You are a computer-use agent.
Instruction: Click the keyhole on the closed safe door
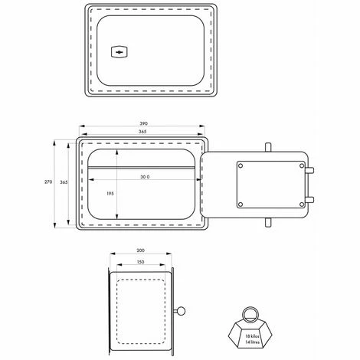click(x=119, y=52)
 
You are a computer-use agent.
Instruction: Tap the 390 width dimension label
click(x=143, y=123)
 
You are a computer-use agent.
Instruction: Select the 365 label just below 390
click(x=142, y=132)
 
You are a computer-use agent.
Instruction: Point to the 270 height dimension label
click(x=48, y=182)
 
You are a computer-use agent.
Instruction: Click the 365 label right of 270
click(x=64, y=182)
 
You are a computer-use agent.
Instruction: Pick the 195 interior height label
click(x=110, y=194)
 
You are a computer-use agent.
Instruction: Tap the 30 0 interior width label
click(x=145, y=177)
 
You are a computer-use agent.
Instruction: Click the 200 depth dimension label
click(x=140, y=250)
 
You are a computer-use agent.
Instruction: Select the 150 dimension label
click(x=140, y=262)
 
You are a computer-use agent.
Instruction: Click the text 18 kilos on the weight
click(x=252, y=336)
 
